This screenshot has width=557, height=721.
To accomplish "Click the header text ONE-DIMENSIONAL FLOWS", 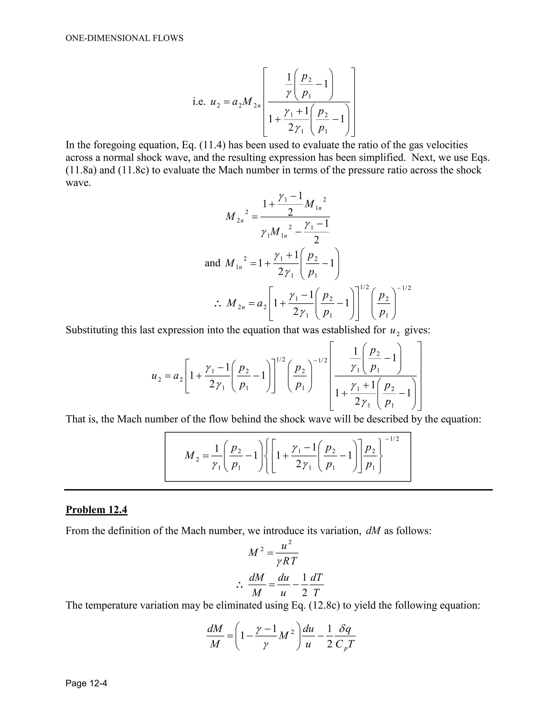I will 124,38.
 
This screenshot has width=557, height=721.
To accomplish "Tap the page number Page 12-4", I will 86,683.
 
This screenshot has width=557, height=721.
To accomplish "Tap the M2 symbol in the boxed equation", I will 192,456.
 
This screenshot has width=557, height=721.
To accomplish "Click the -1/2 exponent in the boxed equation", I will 392,439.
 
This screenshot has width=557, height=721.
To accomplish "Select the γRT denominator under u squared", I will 287,561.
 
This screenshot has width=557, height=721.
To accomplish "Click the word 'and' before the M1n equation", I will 212,263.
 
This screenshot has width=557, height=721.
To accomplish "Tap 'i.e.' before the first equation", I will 199,102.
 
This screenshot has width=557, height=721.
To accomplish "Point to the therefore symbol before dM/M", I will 239,586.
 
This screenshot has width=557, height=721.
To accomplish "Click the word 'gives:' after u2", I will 417,330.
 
